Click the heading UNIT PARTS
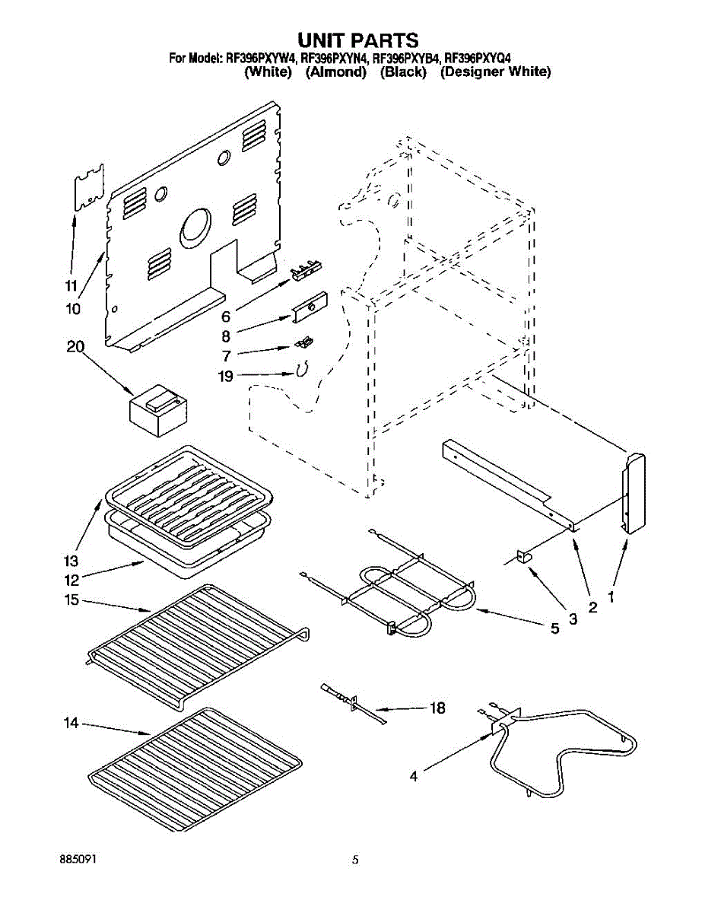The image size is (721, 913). click(x=357, y=40)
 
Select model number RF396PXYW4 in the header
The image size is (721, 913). click(x=259, y=57)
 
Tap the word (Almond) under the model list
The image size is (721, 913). click(x=336, y=72)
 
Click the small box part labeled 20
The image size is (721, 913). click(x=158, y=410)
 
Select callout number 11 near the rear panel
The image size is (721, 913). click(x=71, y=286)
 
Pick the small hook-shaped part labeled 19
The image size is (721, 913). click(x=300, y=370)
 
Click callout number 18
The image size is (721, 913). click(x=437, y=708)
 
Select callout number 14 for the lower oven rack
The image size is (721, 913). click(x=71, y=724)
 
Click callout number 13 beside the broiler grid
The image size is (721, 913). click(x=71, y=561)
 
